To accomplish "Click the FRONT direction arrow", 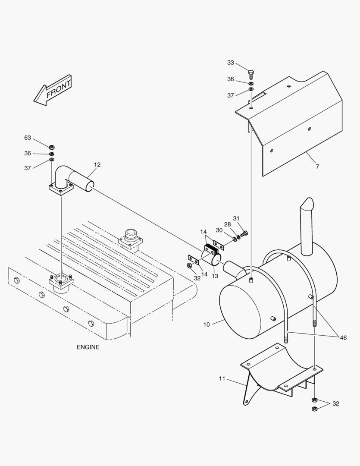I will pyautogui.click(x=53, y=91).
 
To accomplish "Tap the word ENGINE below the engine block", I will pyautogui.click(x=88, y=347).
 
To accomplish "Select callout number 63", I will pyautogui.click(x=28, y=138).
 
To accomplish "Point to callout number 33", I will pyautogui.click(x=231, y=63).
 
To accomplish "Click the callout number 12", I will pyautogui.click(x=97, y=164).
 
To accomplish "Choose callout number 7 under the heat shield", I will pyautogui.click(x=317, y=167).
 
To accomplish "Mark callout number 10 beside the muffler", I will pyautogui.click(x=207, y=324).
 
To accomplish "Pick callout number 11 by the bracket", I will pyautogui.click(x=222, y=378).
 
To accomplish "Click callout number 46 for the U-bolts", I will pyautogui.click(x=343, y=338).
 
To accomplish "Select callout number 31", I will pyautogui.click(x=236, y=218).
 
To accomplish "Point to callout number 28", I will pyautogui.click(x=227, y=224).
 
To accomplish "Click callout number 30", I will pyautogui.click(x=219, y=230).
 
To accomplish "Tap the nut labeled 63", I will pyautogui.click(x=51, y=147).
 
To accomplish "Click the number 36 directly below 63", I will pyautogui.click(x=28, y=153).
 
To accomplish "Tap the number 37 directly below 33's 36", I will pyautogui.click(x=231, y=95).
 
